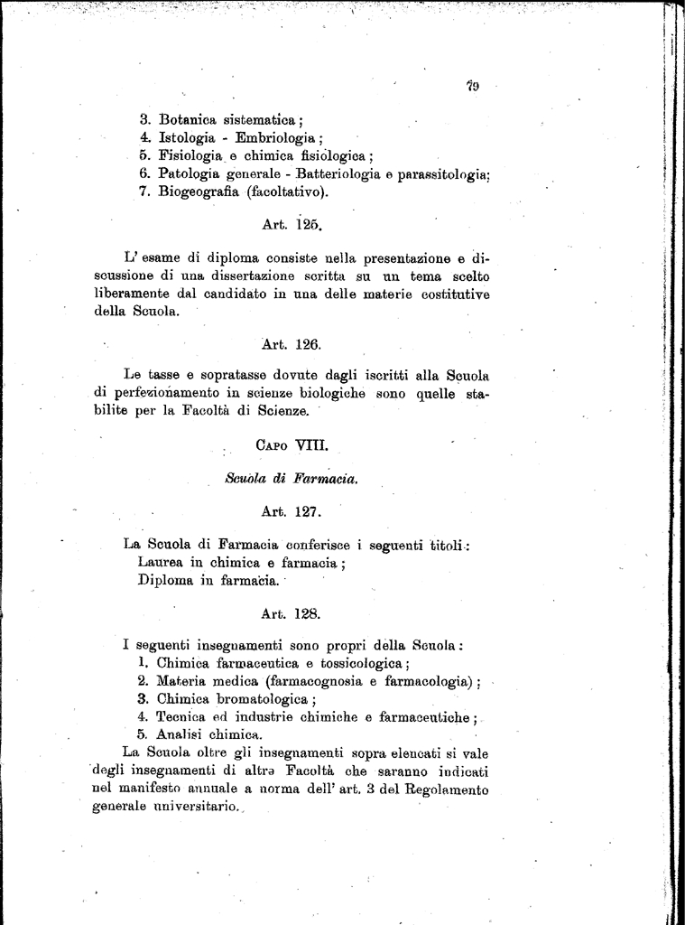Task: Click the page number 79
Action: pos(472,87)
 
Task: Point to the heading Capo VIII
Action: pos(284,444)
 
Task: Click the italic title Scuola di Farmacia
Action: pos(292,480)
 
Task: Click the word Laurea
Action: pos(162,562)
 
